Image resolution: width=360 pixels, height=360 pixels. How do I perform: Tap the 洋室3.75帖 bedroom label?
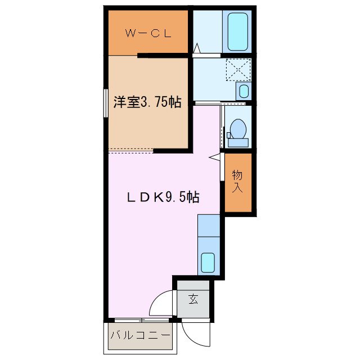147,102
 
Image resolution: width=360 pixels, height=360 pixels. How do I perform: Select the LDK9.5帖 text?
163,197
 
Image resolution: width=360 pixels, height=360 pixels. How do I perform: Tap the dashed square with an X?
237,70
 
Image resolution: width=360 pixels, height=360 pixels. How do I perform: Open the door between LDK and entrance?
163,304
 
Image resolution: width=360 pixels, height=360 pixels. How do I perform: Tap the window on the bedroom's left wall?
105,102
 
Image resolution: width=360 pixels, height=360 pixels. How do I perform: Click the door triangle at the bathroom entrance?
196,49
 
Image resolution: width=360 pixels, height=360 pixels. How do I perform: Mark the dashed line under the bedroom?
130,150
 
